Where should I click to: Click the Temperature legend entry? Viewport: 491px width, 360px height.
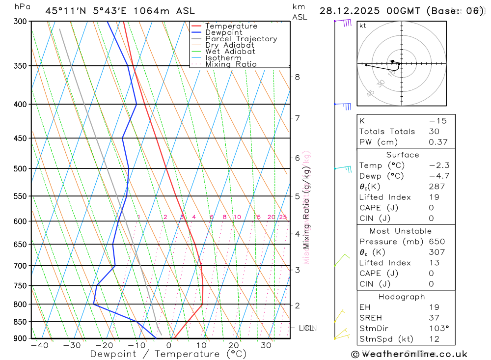[x=231, y=26]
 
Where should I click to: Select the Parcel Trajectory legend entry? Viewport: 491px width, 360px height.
[x=241, y=39]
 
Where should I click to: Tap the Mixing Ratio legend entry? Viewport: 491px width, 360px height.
[x=231, y=64]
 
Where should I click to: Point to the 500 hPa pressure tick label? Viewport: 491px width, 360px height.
[x=20, y=168]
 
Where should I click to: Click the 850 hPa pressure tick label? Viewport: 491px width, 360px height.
[x=20, y=322]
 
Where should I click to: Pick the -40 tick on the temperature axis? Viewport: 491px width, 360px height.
[x=39, y=345]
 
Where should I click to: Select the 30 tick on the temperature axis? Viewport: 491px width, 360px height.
[x=266, y=345]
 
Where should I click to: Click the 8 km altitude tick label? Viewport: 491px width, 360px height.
[x=298, y=77]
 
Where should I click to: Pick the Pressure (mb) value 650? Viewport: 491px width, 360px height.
[x=436, y=242]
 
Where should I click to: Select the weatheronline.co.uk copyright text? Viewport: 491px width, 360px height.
[x=409, y=354]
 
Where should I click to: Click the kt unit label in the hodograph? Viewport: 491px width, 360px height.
[x=362, y=26]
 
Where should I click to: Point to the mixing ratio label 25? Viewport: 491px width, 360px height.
[x=283, y=217]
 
